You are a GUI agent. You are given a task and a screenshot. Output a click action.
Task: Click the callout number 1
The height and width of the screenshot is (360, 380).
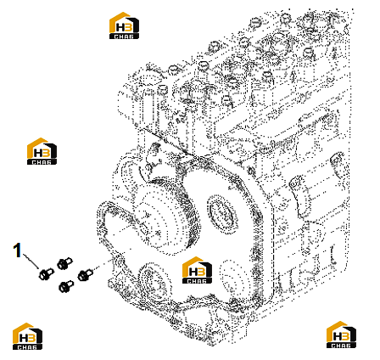tap(18, 250)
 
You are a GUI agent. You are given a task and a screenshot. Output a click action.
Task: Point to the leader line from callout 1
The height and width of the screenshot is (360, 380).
tap(31, 262)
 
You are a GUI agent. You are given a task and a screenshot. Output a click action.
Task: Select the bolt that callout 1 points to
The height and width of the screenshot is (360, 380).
tap(46, 273)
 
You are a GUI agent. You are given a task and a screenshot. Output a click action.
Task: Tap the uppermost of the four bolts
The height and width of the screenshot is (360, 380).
tap(64, 263)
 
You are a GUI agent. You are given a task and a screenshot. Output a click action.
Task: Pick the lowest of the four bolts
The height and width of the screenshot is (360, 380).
tap(66, 286)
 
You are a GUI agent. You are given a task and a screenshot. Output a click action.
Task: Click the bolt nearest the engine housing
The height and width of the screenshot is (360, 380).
tap(85, 274)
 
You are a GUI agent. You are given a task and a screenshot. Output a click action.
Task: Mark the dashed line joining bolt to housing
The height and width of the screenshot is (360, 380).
tap(103, 264)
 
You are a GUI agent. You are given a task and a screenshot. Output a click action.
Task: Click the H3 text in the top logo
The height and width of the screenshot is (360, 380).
tap(124, 27)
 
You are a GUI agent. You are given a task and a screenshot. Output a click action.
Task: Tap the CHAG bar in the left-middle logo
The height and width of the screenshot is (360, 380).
tap(42, 162)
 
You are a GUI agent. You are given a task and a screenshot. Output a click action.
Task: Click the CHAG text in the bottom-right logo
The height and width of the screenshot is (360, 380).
tap(341, 346)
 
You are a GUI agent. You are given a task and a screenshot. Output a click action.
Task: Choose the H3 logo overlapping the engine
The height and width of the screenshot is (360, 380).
tap(197, 270)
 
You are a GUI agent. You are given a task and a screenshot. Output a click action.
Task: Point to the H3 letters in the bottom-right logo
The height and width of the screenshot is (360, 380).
tap(341, 336)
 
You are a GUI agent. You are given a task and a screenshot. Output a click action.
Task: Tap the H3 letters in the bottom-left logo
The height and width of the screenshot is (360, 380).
tap(27, 338)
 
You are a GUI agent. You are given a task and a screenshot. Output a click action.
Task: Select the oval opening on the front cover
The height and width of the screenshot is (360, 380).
tap(222, 213)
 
